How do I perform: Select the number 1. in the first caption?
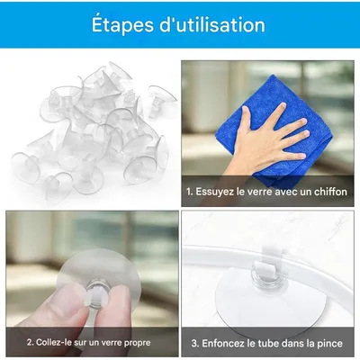[190, 192]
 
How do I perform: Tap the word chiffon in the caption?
[328, 192]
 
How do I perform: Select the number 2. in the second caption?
[30, 342]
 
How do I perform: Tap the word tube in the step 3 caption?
[276, 342]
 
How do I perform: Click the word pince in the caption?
[332, 342]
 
